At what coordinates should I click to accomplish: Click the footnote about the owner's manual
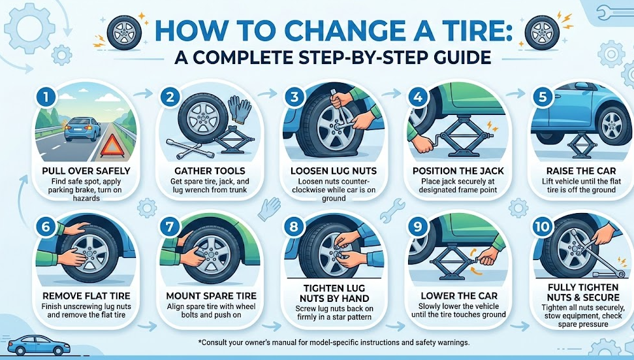click(333, 342)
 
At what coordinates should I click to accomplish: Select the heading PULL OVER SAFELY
click(86, 171)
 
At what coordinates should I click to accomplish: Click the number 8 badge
click(294, 227)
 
